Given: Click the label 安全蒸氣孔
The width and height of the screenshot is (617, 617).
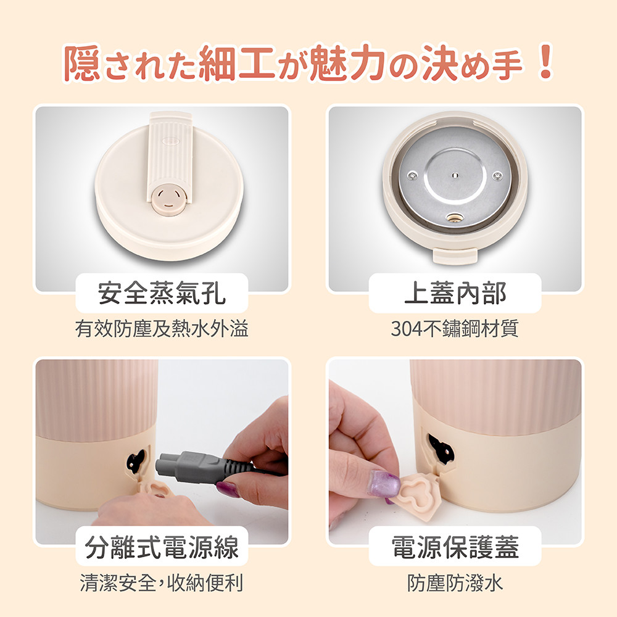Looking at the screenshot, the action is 162,292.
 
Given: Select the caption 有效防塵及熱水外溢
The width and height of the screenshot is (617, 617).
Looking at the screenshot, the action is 162,328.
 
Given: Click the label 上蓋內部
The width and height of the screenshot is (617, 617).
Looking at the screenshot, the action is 455,292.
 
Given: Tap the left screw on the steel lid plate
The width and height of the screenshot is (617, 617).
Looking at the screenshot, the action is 412,175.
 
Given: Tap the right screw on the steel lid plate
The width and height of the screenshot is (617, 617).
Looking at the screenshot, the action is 497,176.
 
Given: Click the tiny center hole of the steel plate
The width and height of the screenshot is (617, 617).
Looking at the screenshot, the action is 455,175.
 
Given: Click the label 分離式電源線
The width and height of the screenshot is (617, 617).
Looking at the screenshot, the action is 162,547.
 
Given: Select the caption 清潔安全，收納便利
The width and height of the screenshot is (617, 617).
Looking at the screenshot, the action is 162,582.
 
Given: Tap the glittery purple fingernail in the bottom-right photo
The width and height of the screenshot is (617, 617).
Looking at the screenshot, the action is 383,482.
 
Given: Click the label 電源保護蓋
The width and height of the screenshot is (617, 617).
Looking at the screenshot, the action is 455,547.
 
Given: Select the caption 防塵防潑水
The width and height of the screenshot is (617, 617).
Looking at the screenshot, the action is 455,582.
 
